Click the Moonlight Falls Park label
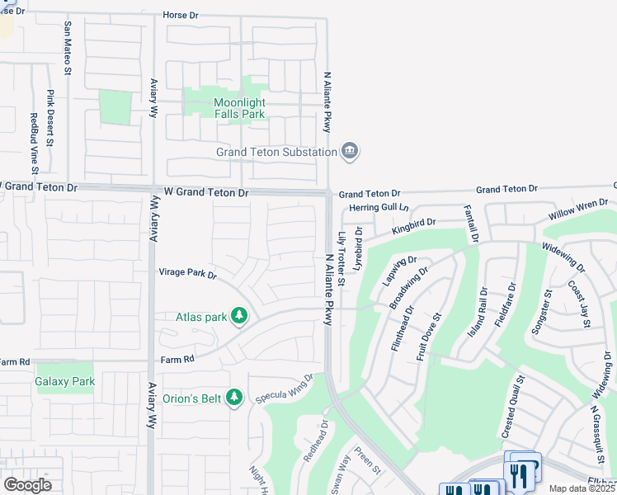point(239,108)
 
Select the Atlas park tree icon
point(239,315)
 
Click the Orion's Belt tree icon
point(235,398)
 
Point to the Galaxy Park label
point(65,382)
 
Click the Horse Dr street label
point(183,15)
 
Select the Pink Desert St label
point(49,118)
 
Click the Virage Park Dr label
point(187,273)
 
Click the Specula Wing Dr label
point(285,388)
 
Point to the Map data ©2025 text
point(582,488)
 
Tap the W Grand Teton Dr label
point(206,191)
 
